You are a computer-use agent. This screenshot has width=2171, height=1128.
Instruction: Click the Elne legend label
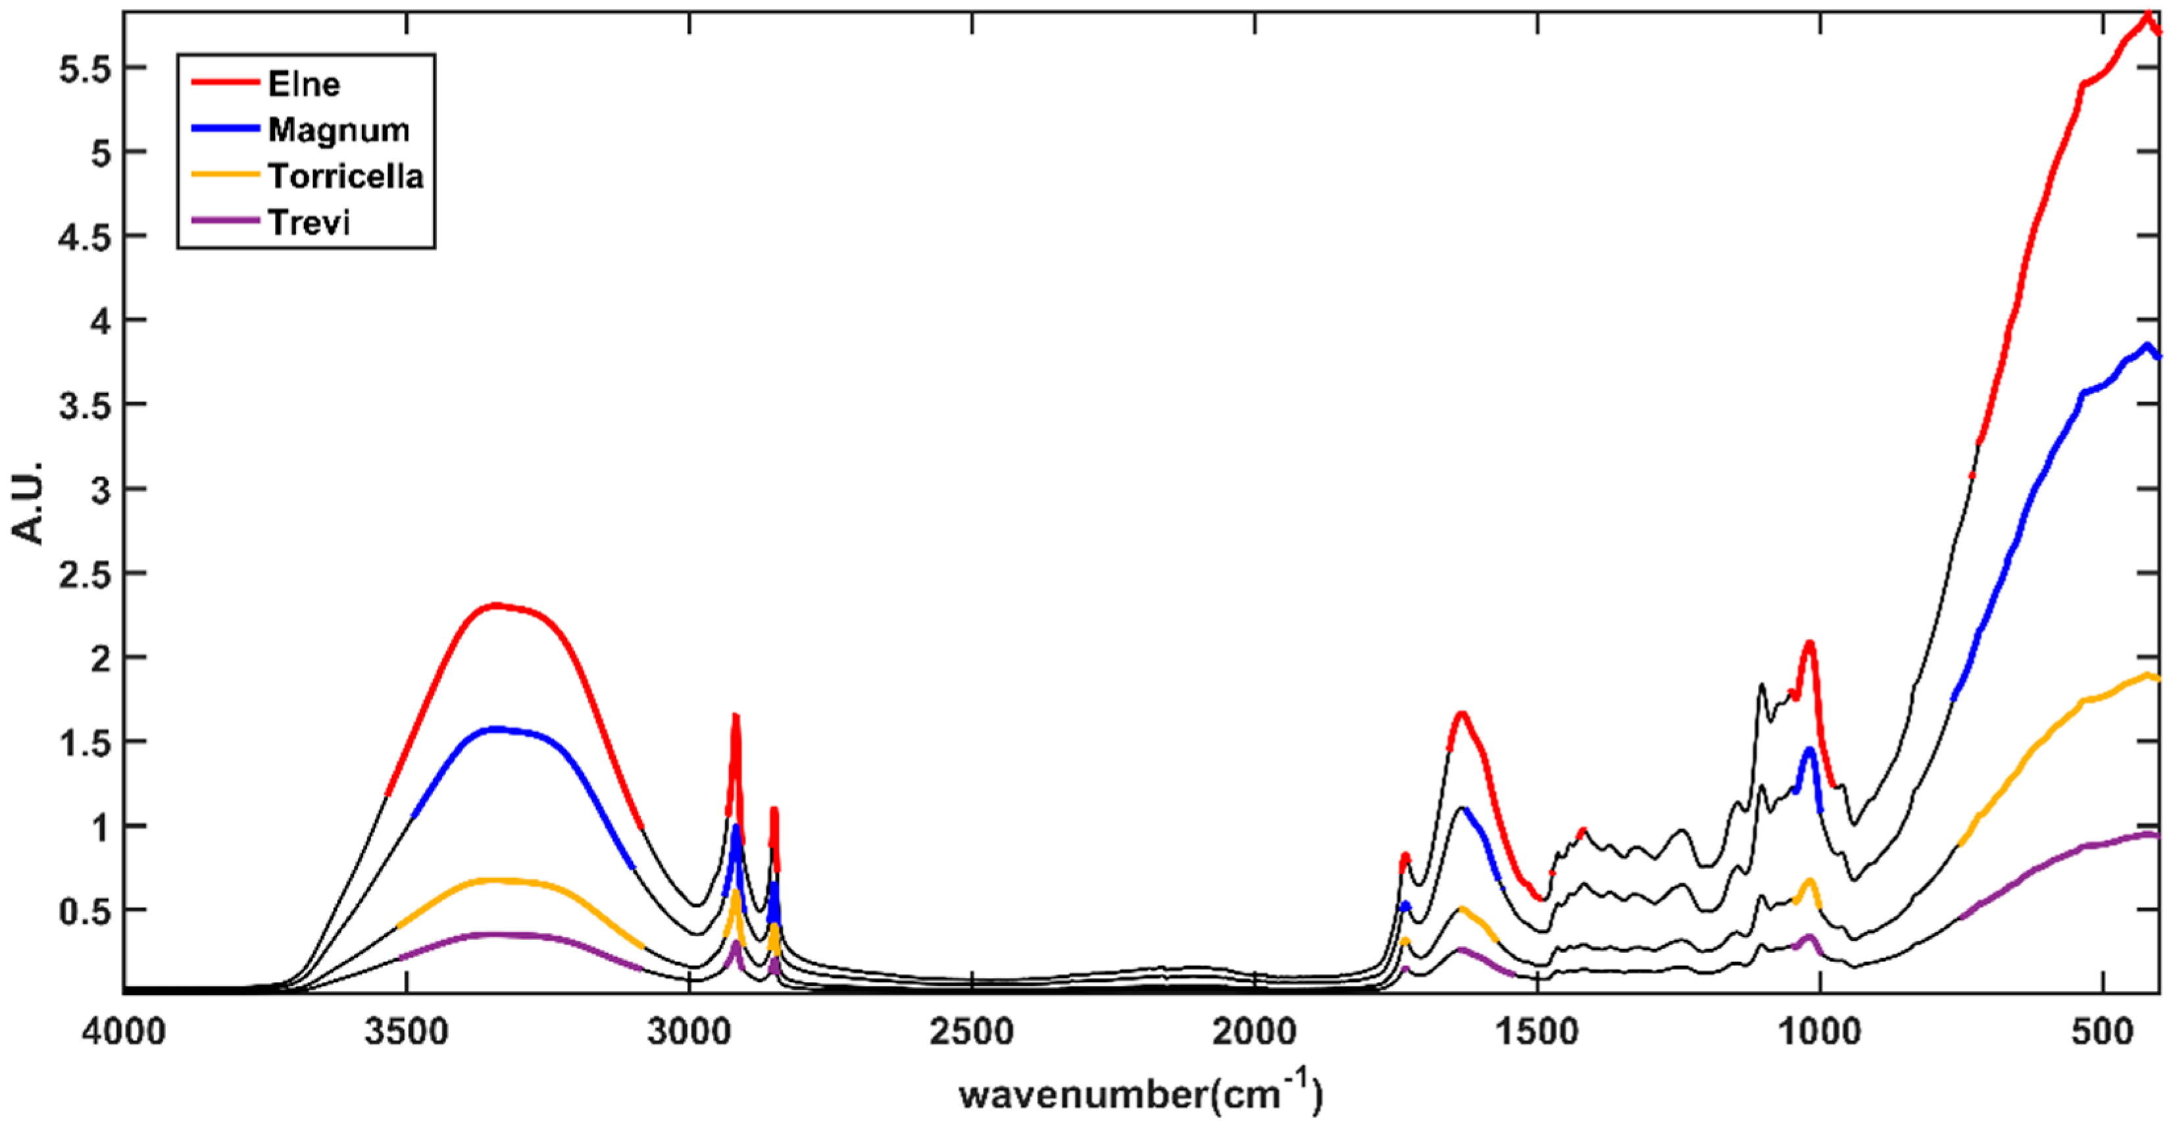click(303, 84)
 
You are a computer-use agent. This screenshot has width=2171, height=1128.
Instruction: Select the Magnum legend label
click(338, 130)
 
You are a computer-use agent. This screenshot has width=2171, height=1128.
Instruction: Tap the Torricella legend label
click(345, 176)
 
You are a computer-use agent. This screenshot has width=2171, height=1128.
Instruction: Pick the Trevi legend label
click(309, 222)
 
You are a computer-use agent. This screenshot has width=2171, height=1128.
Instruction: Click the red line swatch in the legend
click(224, 82)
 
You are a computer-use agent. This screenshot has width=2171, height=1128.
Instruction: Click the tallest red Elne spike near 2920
click(735, 717)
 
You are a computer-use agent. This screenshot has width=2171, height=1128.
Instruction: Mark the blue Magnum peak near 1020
click(1809, 750)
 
